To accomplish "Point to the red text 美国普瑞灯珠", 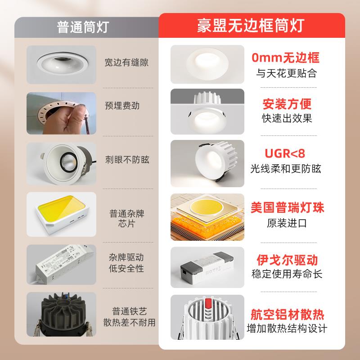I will tap(287, 207).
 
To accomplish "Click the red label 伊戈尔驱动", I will tap(287, 260).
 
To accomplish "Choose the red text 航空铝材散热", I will tap(287, 314).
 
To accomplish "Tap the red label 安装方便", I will tap(287, 104).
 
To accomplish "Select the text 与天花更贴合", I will tap(287, 73).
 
